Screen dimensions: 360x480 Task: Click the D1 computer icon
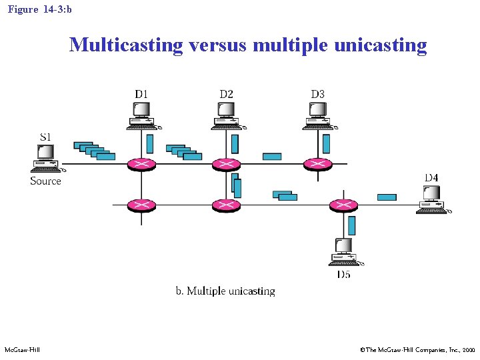click(141, 115)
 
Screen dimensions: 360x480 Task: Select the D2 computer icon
click(226, 115)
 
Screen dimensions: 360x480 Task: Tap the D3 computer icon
click(317, 115)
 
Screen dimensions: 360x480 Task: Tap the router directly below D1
click(141, 164)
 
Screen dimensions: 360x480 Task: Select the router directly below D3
click(317, 164)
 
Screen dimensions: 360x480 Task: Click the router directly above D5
click(344, 205)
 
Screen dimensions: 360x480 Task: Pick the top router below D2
click(226, 164)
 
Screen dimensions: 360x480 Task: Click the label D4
click(431, 177)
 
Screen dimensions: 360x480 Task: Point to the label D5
click(343, 275)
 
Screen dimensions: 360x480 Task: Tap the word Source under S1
click(45, 181)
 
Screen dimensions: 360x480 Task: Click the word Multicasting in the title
click(126, 45)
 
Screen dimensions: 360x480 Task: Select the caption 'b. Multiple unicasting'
click(225, 291)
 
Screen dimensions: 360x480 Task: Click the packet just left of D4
click(387, 197)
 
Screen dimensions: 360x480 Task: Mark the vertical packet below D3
click(326, 143)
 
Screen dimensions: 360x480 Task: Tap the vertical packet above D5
click(351, 225)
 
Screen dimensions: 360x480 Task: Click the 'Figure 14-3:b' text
click(39, 10)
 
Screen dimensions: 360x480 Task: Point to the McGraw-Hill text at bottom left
click(22, 349)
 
